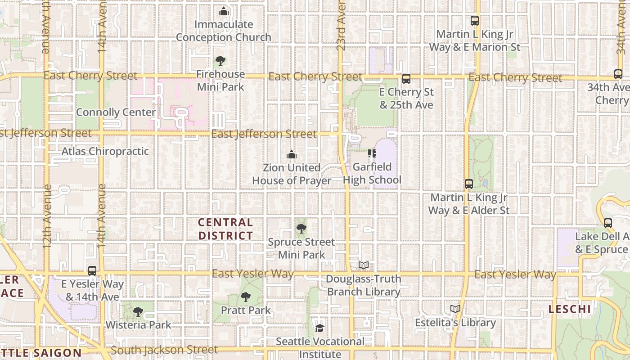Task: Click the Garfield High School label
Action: coord(372,174)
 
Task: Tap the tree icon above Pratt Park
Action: coord(245,297)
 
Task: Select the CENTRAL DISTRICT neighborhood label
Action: coord(225,229)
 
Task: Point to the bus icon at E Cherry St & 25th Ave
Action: coord(406,79)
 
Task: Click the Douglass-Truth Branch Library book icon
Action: coord(364,265)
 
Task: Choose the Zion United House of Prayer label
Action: coord(292,174)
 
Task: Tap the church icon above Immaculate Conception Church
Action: coord(224,12)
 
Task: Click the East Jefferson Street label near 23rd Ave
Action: coord(264,134)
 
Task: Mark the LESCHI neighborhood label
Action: coord(569,309)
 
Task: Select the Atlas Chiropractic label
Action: coord(105,151)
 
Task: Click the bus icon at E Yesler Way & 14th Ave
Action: coord(92,271)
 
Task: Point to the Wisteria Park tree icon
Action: coord(138,311)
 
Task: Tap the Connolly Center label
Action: coord(116,112)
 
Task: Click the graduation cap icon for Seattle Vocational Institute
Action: coord(319,328)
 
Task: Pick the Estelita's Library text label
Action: coord(455,323)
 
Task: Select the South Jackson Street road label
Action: coord(164,350)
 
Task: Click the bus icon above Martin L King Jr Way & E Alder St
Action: coord(469,184)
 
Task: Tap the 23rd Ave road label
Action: coord(341,26)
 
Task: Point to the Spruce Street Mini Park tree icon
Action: coord(301,229)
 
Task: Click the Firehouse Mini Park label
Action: coord(220,80)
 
